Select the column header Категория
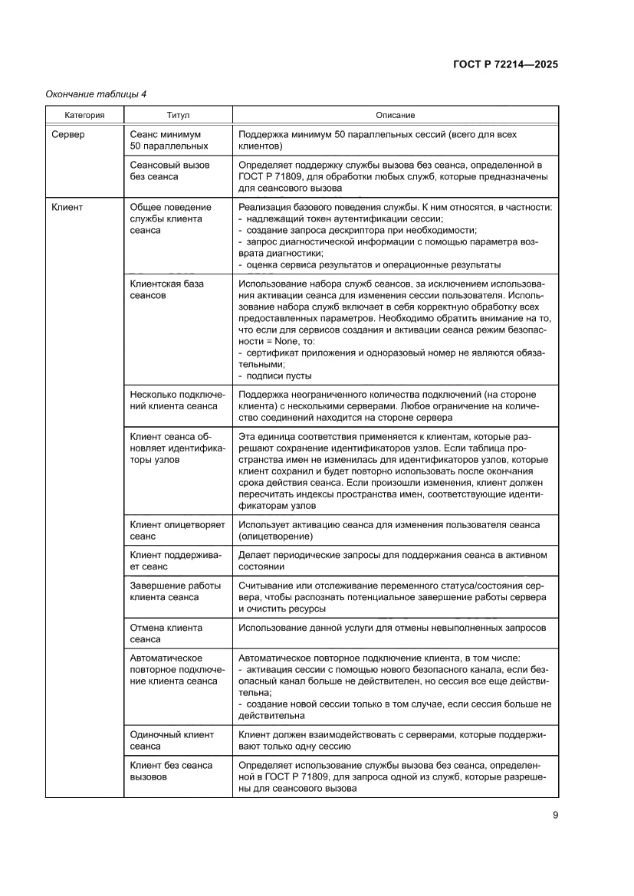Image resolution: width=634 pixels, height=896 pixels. coord(84,115)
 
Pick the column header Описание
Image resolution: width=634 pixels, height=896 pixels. coord(395,115)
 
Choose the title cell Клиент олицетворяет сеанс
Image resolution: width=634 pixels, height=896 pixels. coord(177,530)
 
